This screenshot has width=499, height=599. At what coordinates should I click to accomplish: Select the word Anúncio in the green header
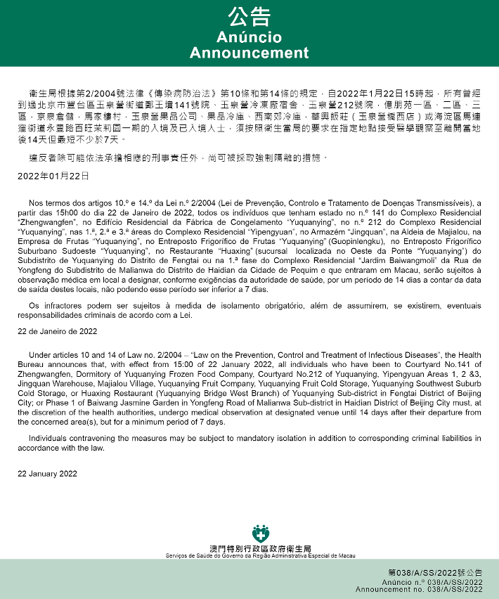pyautogui.click(x=249, y=37)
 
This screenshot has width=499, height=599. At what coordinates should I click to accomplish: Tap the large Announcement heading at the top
pyautogui.click(x=249, y=53)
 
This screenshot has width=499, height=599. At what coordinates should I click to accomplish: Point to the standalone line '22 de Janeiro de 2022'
pyautogui.click(x=58, y=330)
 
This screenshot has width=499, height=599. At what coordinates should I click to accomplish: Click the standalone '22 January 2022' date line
pyautogui.click(x=46, y=473)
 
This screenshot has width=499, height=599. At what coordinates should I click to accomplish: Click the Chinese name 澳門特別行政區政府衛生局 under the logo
pyautogui.click(x=261, y=548)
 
